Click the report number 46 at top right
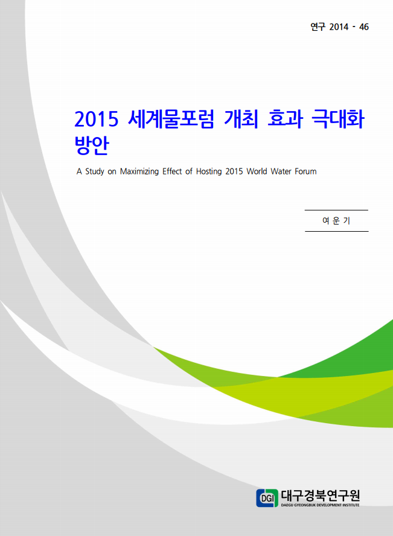(x=363, y=27)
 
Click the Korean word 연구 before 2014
(x=318, y=27)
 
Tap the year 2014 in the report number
(x=339, y=27)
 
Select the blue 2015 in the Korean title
(x=96, y=119)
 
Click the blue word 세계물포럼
(x=171, y=119)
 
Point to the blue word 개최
(x=241, y=119)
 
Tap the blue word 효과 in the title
(x=285, y=119)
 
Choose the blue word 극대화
(x=338, y=119)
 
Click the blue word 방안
(x=92, y=145)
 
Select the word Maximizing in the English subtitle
(x=139, y=171)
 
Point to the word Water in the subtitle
(x=281, y=171)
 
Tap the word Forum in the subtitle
(x=305, y=171)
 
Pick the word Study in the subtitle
(x=95, y=171)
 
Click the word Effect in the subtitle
(x=172, y=171)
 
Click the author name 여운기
(x=336, y=221)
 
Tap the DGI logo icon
(x=267, y=498)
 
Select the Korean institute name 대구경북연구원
(x=320, y=496)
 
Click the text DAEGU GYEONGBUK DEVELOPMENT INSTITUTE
(x=320, y=505)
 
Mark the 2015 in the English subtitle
(x=234, y=171)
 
